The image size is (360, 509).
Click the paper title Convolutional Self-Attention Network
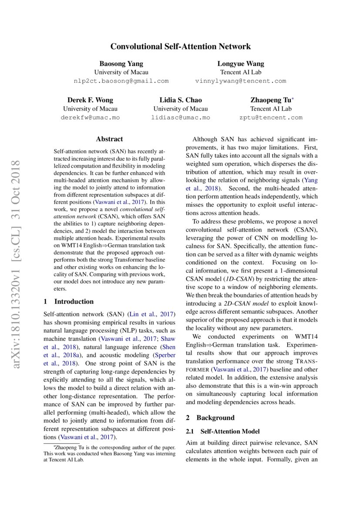click(180, 46)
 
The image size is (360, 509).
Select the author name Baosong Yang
click(121, 64)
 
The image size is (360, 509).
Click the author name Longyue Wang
click(241, 64)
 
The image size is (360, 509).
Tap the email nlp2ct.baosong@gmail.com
click(121, 81)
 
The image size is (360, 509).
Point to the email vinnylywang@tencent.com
click(241, 81)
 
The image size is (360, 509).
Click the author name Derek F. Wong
click(90, 100)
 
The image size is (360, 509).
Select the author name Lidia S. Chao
click(180, 100)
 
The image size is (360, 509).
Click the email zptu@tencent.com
click(271, 118)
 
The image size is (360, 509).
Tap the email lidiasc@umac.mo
click(180, 118)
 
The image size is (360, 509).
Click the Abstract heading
click(109, 139)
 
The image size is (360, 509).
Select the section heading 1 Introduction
click(69, 301)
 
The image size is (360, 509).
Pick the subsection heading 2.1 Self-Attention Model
click(222, 431)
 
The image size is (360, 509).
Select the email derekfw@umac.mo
click(90, 118)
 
